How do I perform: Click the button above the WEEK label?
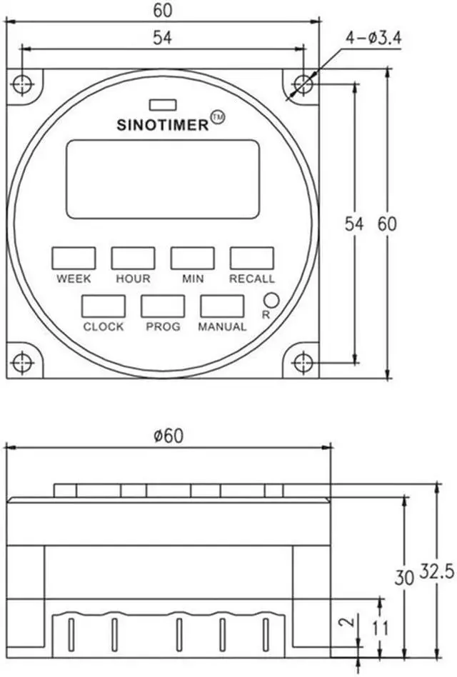coord(74,259)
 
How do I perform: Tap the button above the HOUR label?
coord(133,259)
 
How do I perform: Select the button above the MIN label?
coord(193,259)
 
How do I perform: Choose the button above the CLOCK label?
coord(104,306)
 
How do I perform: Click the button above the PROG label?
coord(163,306)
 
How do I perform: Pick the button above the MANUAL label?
coord(222,306)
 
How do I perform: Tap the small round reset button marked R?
coord(271,300)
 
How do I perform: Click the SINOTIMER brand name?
coord(163,125)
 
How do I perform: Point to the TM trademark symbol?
coord(218,117)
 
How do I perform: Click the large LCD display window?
coord(163,179)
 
